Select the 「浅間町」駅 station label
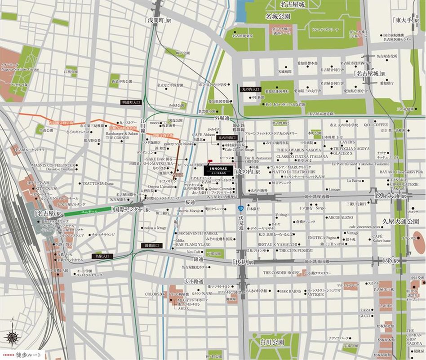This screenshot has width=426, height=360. [x=157, y=21]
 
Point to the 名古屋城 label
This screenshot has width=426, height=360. [x=292, y=5]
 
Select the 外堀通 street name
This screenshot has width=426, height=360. [x=222, y=118]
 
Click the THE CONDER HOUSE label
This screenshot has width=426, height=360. [x=282, y=273]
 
